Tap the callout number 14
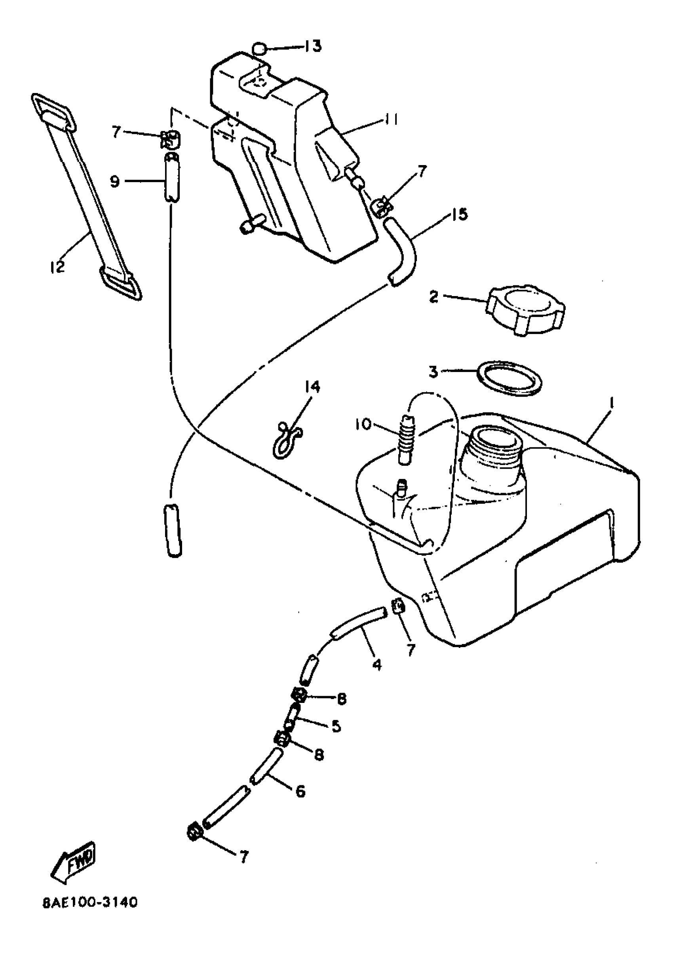click(x=312, y=387)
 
